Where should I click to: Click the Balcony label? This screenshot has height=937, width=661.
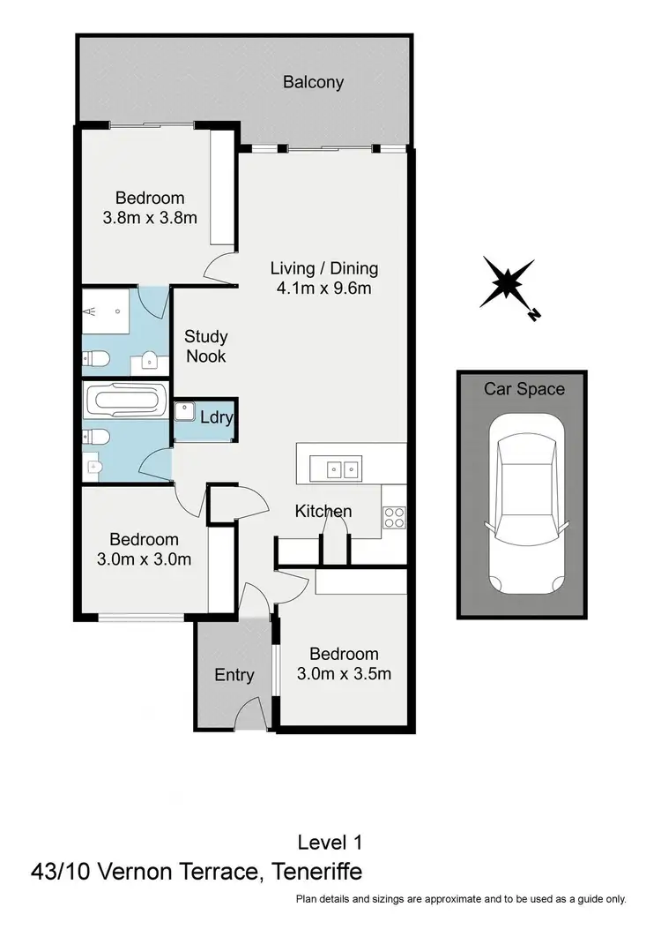coord(313,83)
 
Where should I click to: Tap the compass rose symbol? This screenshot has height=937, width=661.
coord(507,284)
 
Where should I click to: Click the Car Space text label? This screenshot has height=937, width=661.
coord(524,389)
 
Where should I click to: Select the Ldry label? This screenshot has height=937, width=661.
coord(216,417)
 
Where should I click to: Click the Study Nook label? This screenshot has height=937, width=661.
coord(205,346)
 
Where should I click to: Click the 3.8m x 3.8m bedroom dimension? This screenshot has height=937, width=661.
coord(149,217)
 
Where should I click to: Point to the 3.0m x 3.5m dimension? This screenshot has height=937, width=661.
coord(344,674)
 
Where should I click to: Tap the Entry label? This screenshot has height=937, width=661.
coord(234,675)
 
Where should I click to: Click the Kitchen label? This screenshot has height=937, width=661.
coord(323,511)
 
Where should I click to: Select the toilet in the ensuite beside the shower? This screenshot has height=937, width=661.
coord(95,358)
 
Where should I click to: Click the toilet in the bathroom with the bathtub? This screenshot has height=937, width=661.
coord(95,437)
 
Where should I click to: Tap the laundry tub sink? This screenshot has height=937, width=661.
coord(185,412)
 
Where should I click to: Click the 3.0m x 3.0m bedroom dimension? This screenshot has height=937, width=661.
coord(144,558)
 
